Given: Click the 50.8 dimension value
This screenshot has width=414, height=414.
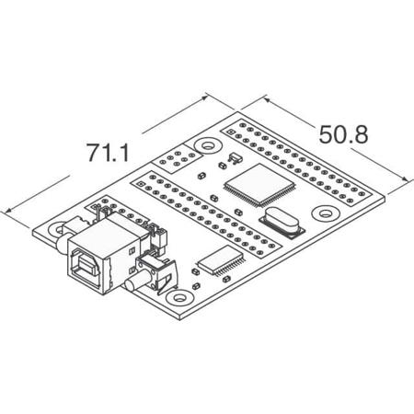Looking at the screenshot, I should click(343, 134).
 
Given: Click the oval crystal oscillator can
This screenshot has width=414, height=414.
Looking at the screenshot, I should click(280, 224).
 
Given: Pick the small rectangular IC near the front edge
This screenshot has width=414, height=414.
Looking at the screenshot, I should click(221, 259).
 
